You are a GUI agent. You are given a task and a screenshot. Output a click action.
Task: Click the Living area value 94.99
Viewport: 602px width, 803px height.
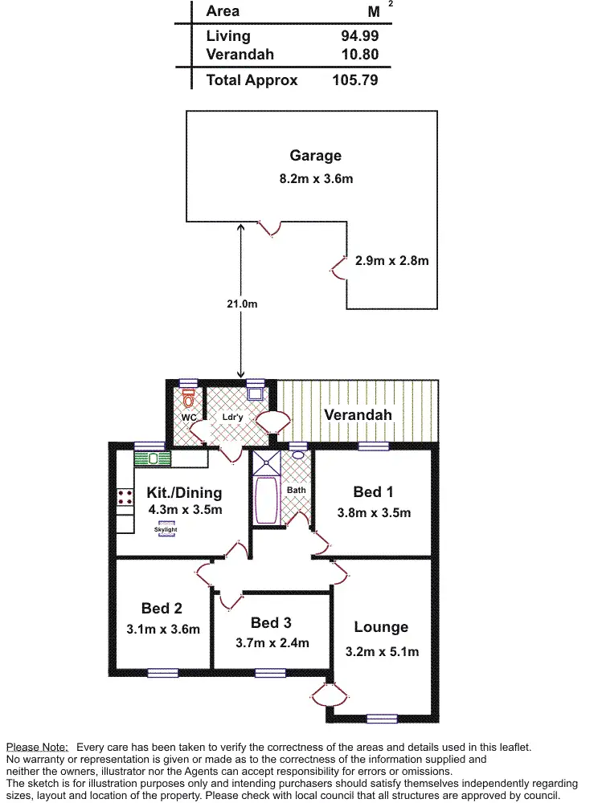(x=359, y=36)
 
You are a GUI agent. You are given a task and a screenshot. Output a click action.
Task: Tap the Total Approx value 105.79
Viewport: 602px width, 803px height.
(x=354, y=80)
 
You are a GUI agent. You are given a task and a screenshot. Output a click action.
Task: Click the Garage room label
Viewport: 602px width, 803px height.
(x=316, y=156)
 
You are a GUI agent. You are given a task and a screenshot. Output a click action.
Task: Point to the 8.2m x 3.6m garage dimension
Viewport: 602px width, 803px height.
(x=316, y=178)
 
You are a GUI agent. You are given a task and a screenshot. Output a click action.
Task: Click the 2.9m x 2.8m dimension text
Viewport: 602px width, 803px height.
(x=392, y=260)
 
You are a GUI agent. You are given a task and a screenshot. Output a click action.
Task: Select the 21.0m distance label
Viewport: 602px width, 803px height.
(x=241, y=304)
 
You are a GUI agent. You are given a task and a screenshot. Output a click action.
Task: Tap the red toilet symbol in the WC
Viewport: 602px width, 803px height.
(x=189, y=398)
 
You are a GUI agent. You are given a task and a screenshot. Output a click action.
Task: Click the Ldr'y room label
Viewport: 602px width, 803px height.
(x=233, y=418)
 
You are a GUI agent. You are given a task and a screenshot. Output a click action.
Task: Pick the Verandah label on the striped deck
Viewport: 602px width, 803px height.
(x=358, y=415)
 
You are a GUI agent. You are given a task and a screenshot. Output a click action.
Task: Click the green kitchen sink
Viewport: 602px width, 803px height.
(x=152, y=459)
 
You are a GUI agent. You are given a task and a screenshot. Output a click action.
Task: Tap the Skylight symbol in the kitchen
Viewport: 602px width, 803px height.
(x=166, y=529)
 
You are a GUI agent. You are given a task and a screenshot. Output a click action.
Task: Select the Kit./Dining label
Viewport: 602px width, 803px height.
(x=184, y=492)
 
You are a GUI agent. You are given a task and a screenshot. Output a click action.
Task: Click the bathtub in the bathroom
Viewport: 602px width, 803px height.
(x=266, y=501)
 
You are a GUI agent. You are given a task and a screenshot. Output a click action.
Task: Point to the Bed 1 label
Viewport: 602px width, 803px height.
(x=373, y=491)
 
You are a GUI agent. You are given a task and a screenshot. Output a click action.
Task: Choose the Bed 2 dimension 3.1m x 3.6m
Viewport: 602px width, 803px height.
(x=163, y=630)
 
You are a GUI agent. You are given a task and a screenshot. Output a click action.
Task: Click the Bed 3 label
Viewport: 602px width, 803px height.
(x=271, y=623)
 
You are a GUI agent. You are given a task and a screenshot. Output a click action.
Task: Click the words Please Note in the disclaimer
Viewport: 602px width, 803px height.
(x=37, y=747)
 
